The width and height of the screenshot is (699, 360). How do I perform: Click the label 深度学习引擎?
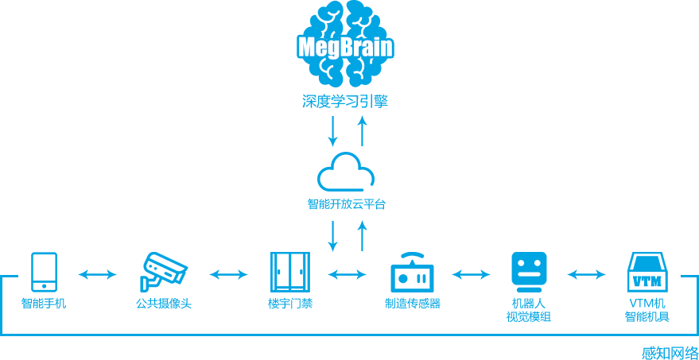point(346,102)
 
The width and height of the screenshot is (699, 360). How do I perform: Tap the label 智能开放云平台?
point(347,203)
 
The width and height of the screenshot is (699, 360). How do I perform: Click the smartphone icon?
point(44,272)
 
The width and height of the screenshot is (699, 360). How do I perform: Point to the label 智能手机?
point(44,304)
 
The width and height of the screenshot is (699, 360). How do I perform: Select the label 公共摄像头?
point(164,304)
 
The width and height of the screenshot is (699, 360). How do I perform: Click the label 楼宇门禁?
point(290,304)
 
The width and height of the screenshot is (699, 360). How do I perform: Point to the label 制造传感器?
point(412,304)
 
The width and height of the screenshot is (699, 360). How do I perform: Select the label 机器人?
point(529,304)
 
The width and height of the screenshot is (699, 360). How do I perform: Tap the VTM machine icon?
point(647,273)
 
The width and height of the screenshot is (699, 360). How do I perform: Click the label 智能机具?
point(647,317)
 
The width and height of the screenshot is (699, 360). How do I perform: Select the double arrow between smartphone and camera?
point(98,275)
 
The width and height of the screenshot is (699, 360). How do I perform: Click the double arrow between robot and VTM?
point(586,275)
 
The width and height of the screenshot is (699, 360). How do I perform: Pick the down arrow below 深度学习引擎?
point(333,132)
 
